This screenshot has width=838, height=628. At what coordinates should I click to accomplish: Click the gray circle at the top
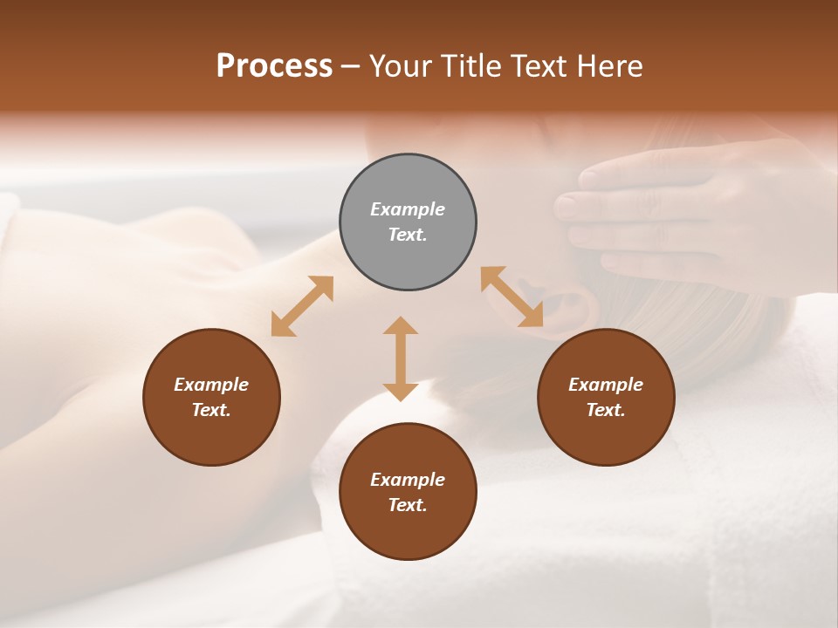click(x=408, y=222)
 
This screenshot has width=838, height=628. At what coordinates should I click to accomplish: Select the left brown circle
click(x=211, y=397)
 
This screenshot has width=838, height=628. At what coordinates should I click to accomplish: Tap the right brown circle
click(x=606, y=397)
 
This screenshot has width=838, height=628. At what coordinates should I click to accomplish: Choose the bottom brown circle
click(x=408, y=492)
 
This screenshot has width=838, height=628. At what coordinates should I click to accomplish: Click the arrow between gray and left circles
click(x=302, y=306)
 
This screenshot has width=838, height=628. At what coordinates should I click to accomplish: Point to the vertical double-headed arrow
click(x=401, y=358)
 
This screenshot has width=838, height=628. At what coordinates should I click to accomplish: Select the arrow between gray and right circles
click(x=512, y=297)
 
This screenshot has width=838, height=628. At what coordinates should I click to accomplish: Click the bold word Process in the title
click(x=274, y=66)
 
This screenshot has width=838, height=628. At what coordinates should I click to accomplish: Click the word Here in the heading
click(x=610, y=66)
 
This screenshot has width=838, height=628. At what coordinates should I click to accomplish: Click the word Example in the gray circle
click(x=408, y=209)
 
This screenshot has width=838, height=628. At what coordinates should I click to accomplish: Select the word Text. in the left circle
click(x=211, y=410)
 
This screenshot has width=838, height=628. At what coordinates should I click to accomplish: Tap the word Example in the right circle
click(x=606, y=385)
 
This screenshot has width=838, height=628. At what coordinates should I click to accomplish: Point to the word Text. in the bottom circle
click(x=408, y=505)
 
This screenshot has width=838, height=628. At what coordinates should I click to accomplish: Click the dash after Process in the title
click(x=351, y=67)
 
